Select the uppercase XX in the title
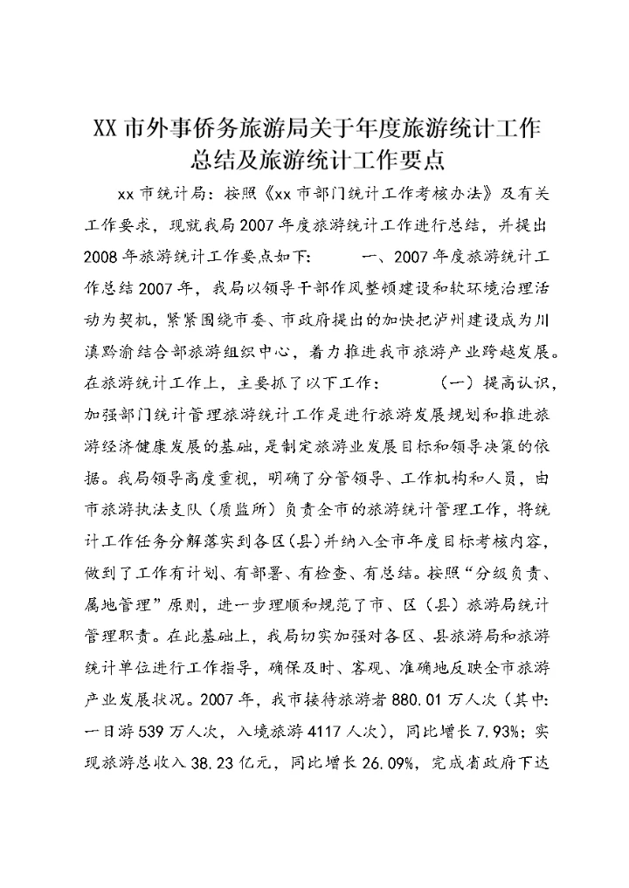pos(104,128)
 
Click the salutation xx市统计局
pos(159,192)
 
